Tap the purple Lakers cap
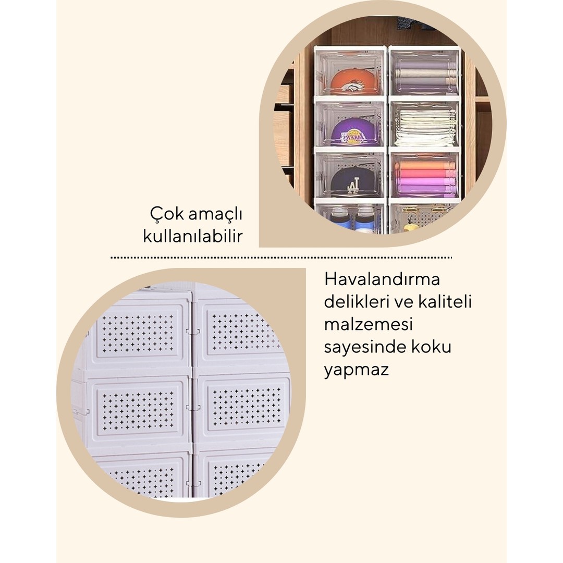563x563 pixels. pyautogui.click(x=350, y=132)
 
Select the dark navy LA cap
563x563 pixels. pyautogui.click(x=350, y=182)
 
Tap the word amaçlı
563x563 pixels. pyautogui.click(x=216, y=215)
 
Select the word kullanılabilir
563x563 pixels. pyautogui.click(x=193, y=236)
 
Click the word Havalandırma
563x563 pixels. pyautogui.click(x=382, y=279)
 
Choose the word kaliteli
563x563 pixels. pyautogui.click(x=445, y=301)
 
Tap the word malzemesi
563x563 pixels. pyautogui.click(x=369, y=324)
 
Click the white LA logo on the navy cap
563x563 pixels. pyautogui.click(x=352, y=187)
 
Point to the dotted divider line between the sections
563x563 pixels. pyautogui.click(x=281, y=258)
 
